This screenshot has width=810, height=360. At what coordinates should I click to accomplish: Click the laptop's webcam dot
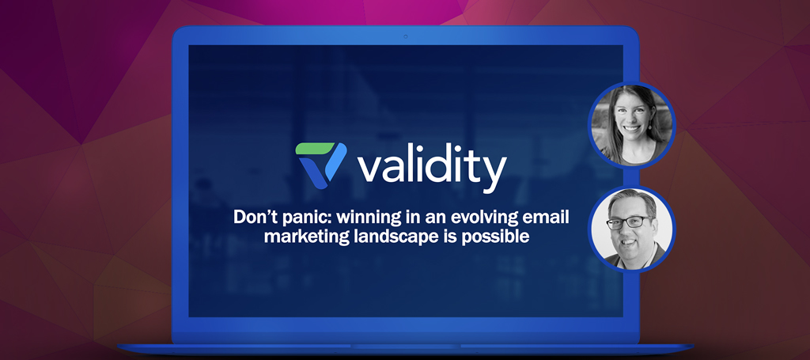(405, 36)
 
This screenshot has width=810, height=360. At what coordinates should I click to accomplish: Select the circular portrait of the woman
(632, 126)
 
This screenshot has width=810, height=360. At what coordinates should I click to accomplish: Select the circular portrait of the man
(632, 229)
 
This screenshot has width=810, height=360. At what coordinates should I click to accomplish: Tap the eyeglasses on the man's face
(629, 222)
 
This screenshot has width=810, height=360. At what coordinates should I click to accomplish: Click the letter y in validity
(491, 174)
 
